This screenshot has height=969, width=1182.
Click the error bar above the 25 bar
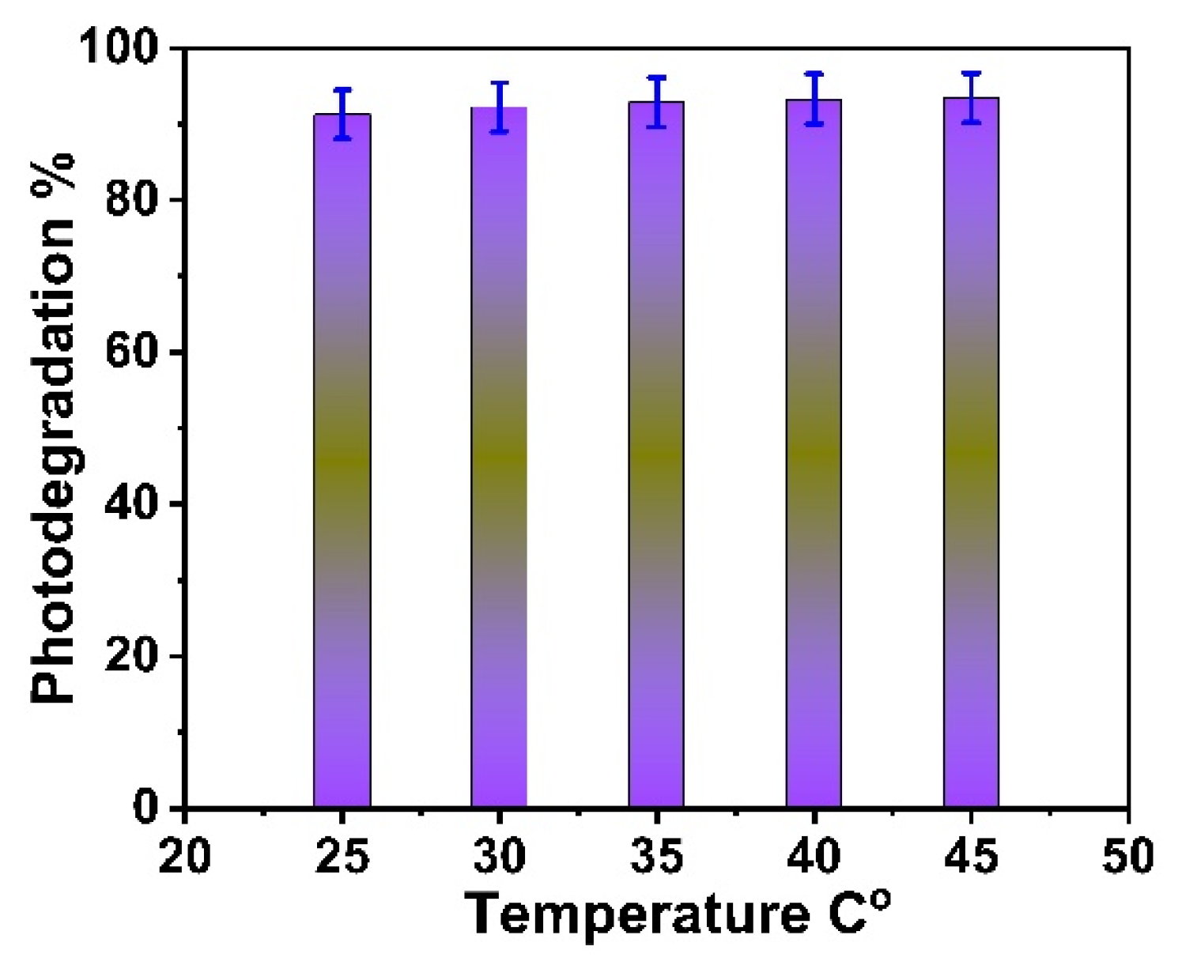(x=342, y=113)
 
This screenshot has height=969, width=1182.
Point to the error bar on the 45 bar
(x=971, y=97)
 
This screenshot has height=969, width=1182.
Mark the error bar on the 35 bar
(x=656, y=101)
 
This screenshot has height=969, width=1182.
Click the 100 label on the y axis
(x=126, y=49)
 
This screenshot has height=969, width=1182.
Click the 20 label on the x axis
(x=184, y=856)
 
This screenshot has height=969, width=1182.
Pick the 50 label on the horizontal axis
(x=1128, y=856)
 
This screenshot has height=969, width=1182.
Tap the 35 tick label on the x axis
(x=656, y=856)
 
